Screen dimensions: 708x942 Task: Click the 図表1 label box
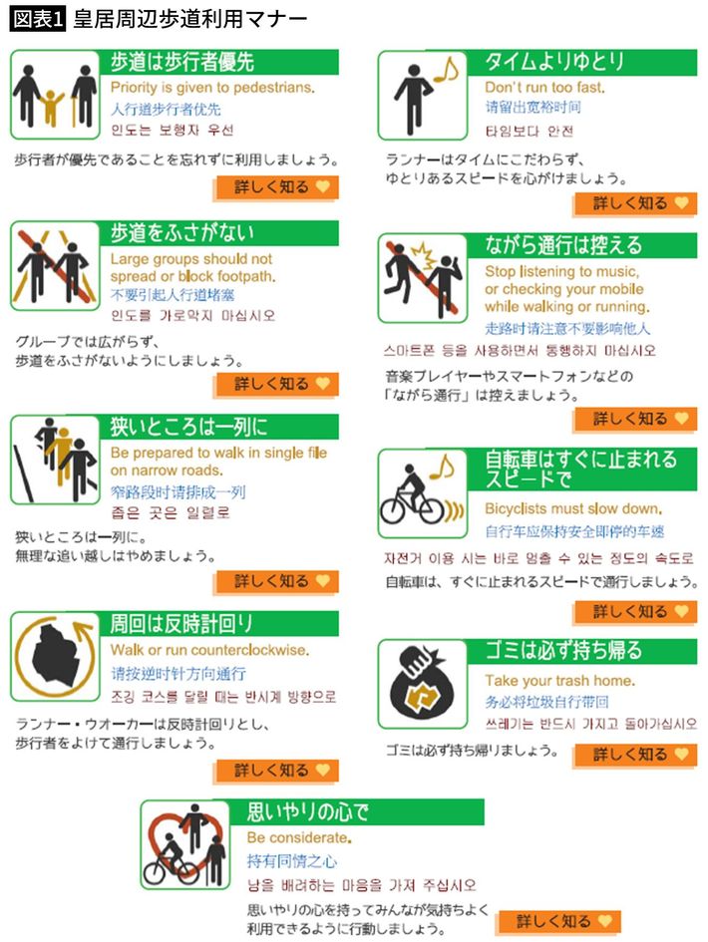[37, 19]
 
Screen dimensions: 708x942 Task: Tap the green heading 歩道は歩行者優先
[182, 61]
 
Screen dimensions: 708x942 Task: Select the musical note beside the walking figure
[446, 71]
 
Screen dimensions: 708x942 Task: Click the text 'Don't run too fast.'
[544, 87]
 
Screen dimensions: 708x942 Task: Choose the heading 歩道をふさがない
[182, 232]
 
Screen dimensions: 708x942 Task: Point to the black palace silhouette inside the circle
[55, 656]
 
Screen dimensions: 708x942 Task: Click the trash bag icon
[421, 684]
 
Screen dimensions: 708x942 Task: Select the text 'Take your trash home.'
[559, 680]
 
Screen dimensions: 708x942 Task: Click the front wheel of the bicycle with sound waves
[432, 511]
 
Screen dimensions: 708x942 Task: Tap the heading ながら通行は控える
[563, 245]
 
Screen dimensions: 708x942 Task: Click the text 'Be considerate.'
[299, 837]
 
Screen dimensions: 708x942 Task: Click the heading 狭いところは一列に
[188, 427]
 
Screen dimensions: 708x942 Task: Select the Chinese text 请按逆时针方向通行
[178, 674]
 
